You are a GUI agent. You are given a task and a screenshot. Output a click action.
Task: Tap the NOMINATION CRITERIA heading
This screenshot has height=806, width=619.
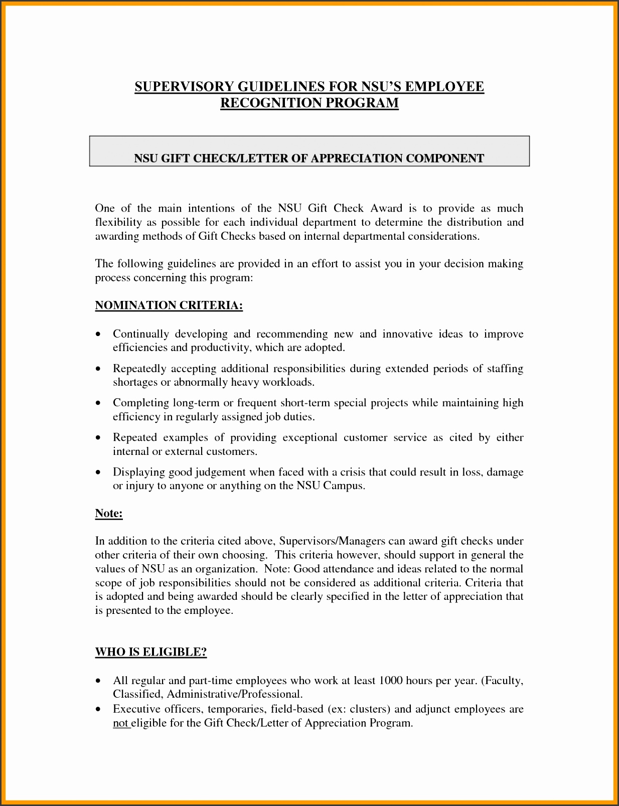[169, 305]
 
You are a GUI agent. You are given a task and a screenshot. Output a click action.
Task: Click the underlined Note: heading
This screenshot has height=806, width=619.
[109, 514]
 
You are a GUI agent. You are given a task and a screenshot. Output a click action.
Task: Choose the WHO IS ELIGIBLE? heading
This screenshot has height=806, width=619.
[151, 652]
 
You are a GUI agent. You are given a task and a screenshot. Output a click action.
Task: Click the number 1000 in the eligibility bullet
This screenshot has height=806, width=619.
[391, 681]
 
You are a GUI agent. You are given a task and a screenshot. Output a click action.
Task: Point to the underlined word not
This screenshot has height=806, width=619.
[120, 723]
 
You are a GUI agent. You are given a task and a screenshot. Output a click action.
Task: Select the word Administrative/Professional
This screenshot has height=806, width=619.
[234, 695]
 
